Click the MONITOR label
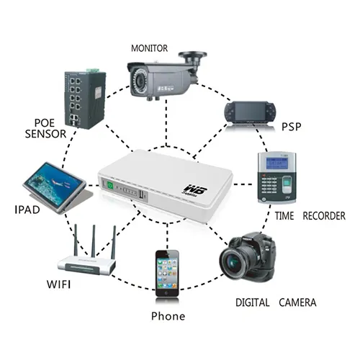pyautogui.click(x=149, y=48)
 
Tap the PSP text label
pyautogui.click(x=291, y=127)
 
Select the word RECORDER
pyautogui.click(x=324, y=216)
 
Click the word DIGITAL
pyautogui.click(x=252, y=302)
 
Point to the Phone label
pyautogui.click(x=168, y=316)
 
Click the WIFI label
pyautogui.click(x=59, y=284)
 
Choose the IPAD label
pyautogui.click(x=27, y=210)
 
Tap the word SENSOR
pyautogui.click(x=45, y=134)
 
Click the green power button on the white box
pyautogui.click(x=110, y=186)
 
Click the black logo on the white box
pyautogui.click(x=194, y=189)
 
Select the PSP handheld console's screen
pyautogui.click(x=250, y=112)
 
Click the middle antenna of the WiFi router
pyautogui.click(x=94, y=240)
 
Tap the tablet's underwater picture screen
pyautogui.click(x=53, y=182)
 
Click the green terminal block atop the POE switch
pyautogui.click(x=92, y=70)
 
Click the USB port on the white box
pyautogui.click(x=141, y=194)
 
